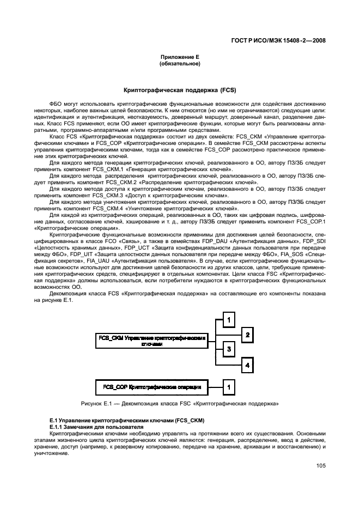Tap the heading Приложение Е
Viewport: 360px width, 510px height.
(x=179, y=57)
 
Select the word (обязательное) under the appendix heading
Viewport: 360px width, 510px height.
(x=179, y=64)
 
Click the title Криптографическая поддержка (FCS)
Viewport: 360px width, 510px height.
(x=179, y=88)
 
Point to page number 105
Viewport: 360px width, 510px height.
(x=320, y=466)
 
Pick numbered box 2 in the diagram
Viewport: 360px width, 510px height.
(x=247, y=335)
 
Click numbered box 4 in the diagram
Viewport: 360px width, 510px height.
(x=247, y=365)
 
